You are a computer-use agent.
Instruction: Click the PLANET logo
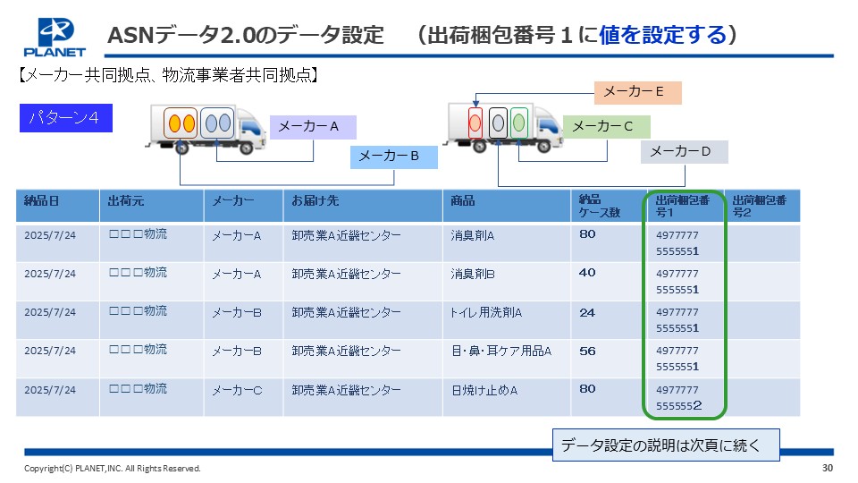(55, 38)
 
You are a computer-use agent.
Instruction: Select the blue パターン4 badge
(65, 118)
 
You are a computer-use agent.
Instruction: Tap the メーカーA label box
(313, 127)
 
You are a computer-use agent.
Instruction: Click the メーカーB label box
(394, 157)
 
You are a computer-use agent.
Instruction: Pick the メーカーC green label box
(607, 126)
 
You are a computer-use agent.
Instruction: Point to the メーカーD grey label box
(684, 152)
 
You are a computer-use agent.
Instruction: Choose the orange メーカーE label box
(638, 92)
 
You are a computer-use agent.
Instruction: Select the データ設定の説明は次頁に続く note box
(666, 445)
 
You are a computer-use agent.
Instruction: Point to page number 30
(828, 468)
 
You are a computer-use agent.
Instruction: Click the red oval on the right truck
(475, 123)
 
